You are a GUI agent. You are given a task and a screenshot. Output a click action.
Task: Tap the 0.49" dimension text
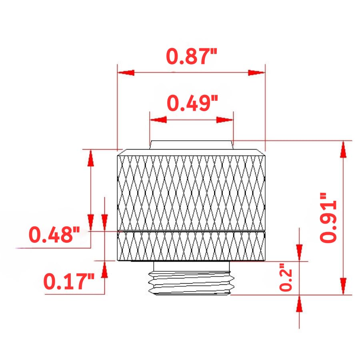192,103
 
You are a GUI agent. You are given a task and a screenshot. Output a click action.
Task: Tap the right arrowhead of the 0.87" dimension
256,72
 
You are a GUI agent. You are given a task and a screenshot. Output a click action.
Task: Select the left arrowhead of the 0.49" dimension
158,120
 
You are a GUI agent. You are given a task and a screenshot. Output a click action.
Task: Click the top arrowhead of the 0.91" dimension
343,149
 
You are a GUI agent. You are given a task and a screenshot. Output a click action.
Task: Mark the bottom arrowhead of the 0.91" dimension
343,286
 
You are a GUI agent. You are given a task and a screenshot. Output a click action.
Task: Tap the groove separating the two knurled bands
191,231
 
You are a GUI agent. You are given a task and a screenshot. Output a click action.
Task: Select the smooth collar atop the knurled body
191,144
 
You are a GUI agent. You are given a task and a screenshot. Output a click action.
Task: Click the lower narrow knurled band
191,246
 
